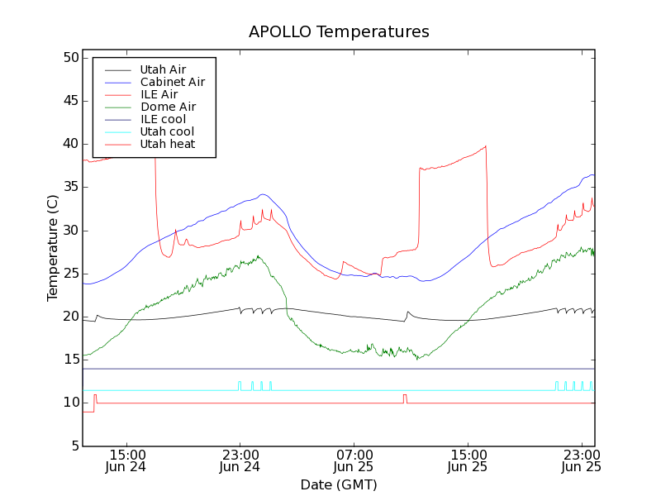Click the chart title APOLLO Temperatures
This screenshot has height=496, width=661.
339,32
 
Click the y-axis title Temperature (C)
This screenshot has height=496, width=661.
53,247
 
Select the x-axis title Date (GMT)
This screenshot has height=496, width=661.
339,484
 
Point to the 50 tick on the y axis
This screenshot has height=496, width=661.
69,58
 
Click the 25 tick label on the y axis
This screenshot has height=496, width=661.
69,274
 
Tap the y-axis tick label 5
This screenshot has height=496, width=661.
74,446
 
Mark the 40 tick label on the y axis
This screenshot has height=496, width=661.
69,144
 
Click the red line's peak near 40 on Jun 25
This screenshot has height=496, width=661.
486,146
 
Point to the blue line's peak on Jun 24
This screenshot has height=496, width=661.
263,194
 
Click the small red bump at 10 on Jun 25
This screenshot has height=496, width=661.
405,396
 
